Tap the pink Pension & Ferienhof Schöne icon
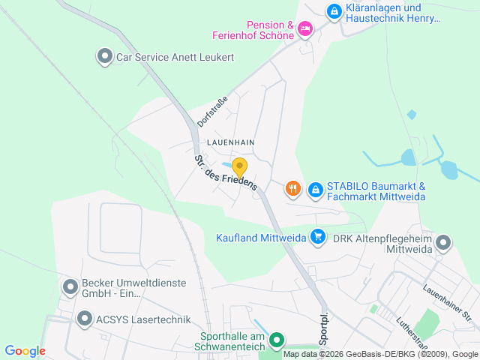[x=304, y=29]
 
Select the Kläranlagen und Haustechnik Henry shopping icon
[x=334, y=11]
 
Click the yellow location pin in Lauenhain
[x=239, y=168]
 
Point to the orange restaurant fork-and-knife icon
[x=293, y=189]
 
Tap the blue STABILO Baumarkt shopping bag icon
[x=316, y=189]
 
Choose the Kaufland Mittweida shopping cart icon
[x=318, y=237]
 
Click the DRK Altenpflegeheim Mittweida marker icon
[x=443, y=242]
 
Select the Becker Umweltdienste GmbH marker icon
[x=70, y=286]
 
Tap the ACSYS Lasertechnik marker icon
[x=85, y=319]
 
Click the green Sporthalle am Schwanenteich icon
[x=277, y=340]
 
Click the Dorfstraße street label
[x=211, y=110]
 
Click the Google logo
[x=25, y=351]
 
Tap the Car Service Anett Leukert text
[x=175, y=57]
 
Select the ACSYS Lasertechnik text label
[x=143, y=319]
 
